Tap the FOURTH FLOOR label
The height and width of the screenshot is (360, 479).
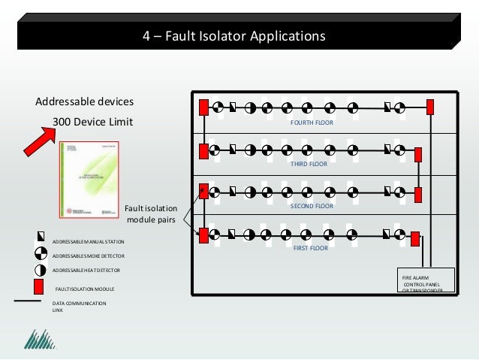(x=312, y=122)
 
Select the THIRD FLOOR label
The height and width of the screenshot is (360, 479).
(x=309, y=163)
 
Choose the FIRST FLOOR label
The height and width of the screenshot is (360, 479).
(x=310, y=247)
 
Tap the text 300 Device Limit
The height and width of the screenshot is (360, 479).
(x=92, y=122)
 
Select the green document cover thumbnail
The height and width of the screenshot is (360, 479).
(x=89, y=179)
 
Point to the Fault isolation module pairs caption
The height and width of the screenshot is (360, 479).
(x=151, y=214)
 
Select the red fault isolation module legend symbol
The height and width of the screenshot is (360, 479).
(x=39, y=286)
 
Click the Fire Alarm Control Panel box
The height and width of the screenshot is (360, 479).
(x=427, y=281)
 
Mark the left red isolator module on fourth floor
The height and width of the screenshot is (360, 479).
(x=203, y=107)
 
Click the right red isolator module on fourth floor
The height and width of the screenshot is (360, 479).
(x=430, y=107)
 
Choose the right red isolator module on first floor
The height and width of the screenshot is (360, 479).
(x=414, y=239)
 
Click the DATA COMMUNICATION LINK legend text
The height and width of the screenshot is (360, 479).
(x=79, y=306)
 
